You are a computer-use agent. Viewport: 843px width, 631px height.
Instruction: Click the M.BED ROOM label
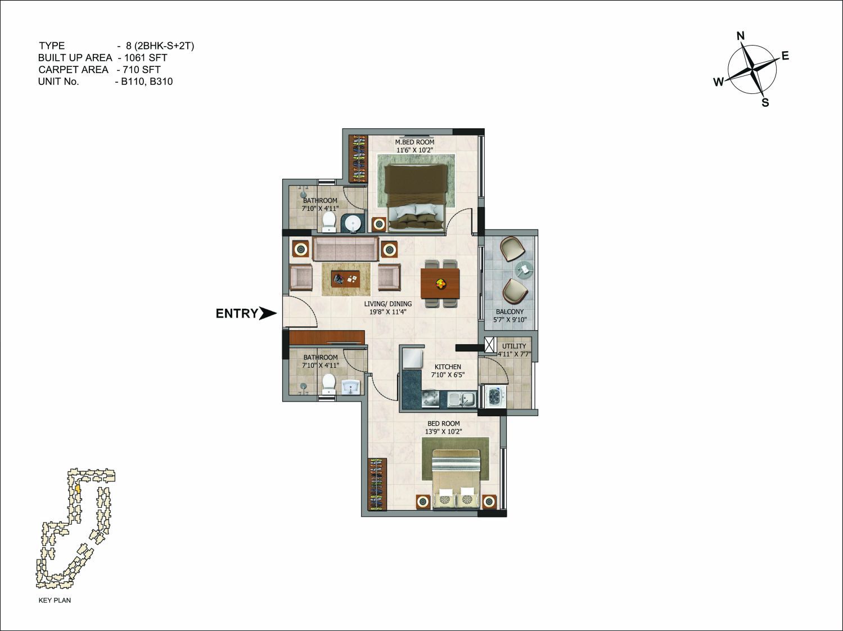(414, 142)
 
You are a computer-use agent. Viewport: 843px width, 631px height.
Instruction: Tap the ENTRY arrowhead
(268, 313)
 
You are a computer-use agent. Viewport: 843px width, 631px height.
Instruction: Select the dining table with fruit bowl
(440, 284)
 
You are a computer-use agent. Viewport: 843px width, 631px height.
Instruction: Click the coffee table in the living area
(346, 279)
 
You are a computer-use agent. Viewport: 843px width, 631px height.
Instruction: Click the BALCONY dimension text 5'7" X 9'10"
(510, 319)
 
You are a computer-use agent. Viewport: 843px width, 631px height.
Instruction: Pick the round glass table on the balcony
(524, 268)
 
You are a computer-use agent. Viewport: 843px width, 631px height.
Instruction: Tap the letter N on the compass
(741, 36)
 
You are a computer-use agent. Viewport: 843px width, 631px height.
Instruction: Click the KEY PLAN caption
(55, 600)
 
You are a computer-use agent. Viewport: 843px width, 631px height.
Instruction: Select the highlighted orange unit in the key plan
(78, 489)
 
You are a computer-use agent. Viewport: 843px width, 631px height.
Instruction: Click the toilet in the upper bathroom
(329, 222)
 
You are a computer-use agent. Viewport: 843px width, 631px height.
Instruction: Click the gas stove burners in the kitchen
(430, 399)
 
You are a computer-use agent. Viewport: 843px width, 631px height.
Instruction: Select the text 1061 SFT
(146, 57)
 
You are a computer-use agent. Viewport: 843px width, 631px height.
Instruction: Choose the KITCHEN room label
(448, 367)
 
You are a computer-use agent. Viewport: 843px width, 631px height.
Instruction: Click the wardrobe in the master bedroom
(358, 159)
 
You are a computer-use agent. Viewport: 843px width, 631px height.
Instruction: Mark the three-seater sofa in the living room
(346, 249)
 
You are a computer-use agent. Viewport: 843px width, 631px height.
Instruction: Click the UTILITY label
(514, 346)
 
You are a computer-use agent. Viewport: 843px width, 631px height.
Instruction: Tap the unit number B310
(161, 82)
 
